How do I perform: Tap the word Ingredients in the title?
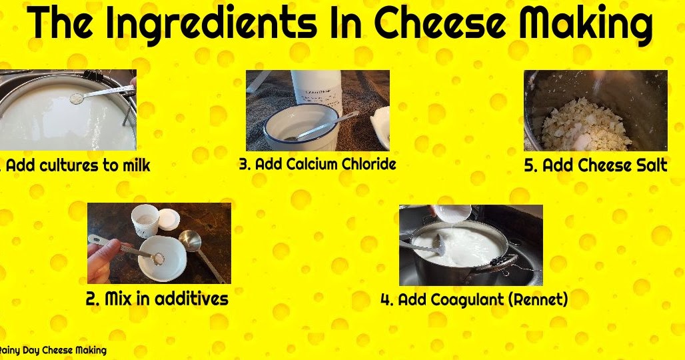(211, 25)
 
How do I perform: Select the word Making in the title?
(586, 25)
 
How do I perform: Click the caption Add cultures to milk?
(77, 165)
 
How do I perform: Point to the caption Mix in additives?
(157, 298)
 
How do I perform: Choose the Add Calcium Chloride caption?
(317, 164)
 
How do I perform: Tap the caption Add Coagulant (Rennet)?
(474, 299)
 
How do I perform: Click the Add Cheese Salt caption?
(595, 165)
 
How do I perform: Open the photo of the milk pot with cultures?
(67, 110)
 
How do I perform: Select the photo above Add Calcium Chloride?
(317, 111)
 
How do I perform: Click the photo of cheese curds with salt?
(595, 111)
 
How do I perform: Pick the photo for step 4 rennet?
(470, 245)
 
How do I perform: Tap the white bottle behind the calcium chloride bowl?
(317, 90)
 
